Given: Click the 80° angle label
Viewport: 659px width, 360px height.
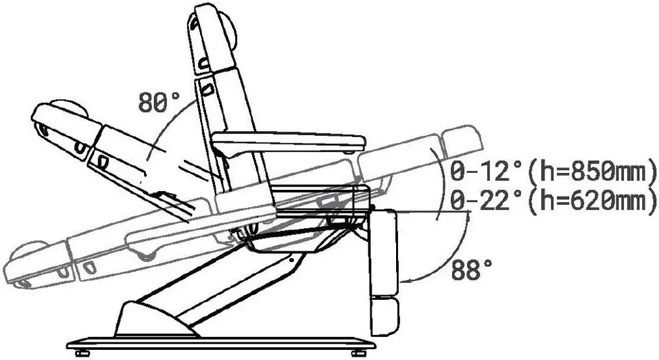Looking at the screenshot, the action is [159, 101].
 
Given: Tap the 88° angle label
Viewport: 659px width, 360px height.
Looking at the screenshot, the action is [472, 269].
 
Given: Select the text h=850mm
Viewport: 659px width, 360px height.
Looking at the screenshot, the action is [593, 172].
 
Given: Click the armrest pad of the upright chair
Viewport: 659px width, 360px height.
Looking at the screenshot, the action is [289, 142].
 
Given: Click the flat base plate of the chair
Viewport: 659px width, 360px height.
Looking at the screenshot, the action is [221, 344].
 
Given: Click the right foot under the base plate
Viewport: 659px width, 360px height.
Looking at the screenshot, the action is [358, 353].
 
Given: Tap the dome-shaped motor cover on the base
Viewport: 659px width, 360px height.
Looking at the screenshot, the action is [155, 319].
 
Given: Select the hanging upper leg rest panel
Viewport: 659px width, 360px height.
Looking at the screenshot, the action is [383, 252].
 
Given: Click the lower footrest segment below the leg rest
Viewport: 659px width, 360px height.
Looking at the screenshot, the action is [384, 316].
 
